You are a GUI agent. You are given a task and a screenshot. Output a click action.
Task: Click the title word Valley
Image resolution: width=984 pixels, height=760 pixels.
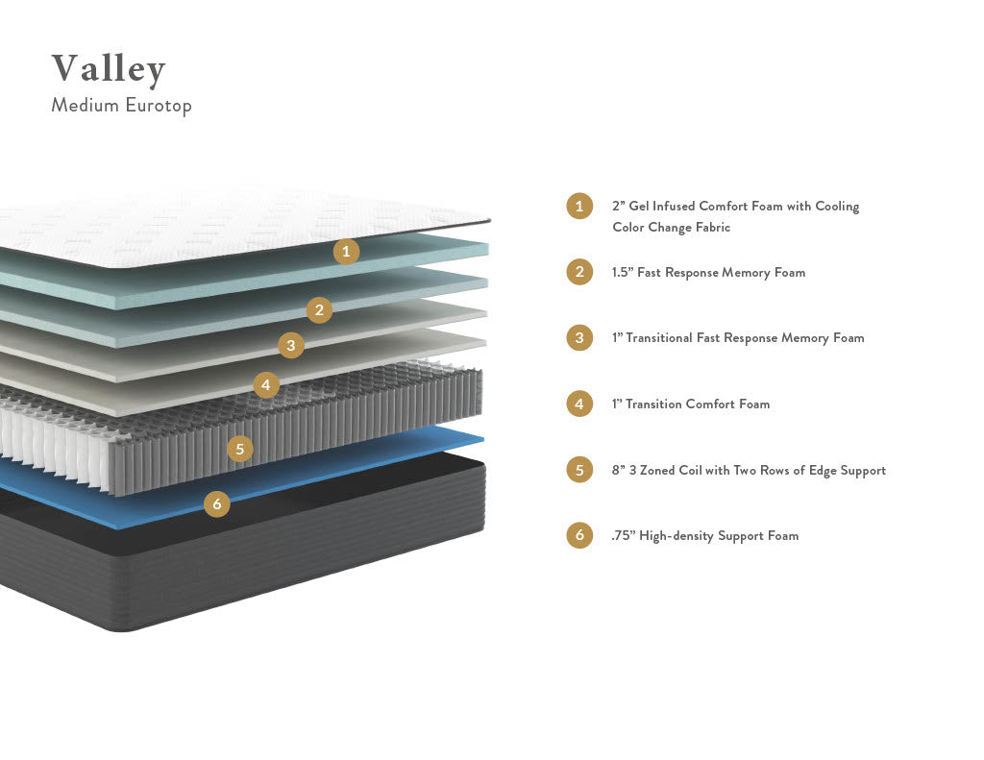(x=109, y=69)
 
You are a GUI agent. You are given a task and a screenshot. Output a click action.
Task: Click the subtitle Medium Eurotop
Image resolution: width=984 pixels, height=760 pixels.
(x=121, y=105)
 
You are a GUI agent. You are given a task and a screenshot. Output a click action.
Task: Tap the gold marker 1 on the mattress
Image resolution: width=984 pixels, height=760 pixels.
(x=346, y=252)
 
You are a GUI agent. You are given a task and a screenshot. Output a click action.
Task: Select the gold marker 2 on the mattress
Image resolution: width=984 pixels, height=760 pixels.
(x=319, y=309)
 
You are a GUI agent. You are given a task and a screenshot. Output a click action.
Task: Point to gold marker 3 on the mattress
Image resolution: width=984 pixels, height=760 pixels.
(x=291, y=345)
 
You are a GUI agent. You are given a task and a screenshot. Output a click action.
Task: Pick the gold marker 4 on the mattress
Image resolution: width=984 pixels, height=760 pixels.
(x=266, y=385)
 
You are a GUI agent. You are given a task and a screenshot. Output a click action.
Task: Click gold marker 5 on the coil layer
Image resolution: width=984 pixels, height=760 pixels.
(x=239, y=448)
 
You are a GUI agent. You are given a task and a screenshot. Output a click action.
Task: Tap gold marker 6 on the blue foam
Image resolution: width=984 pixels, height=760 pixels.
(x=217, y=503)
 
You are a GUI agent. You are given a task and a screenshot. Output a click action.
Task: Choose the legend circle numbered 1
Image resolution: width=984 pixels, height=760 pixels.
(x=578, y=206)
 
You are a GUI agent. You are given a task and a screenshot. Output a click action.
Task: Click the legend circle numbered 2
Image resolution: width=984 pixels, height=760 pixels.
(x=578, y=272)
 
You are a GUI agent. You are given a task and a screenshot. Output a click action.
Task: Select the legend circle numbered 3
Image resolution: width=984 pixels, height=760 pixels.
(x=578, y=337)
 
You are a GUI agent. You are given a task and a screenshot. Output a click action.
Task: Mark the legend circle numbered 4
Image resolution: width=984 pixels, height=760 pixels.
(x=578, y=404)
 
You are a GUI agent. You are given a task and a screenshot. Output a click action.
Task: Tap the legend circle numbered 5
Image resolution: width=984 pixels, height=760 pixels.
(x=578, y=470)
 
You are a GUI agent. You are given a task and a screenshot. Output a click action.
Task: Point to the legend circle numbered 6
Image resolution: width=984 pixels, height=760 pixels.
(x=578, y=535)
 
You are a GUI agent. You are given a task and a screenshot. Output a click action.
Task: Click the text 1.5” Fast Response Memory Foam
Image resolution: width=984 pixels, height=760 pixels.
(x=708, y=273)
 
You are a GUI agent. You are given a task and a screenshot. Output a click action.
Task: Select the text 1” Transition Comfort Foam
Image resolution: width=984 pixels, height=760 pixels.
(x=690, y=405)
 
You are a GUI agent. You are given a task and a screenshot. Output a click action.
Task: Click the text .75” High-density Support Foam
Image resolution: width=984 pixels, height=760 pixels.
(x=704, y=536)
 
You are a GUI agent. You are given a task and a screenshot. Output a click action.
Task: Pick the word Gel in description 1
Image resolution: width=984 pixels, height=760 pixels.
(x=639, y=207)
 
